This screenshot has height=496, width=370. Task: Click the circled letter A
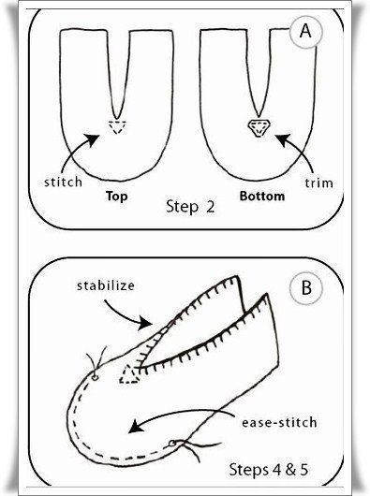[305, 32]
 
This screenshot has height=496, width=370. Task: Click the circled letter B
[305, 288]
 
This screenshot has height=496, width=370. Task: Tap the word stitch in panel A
[64, 182]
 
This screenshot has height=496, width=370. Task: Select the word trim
[318, 182]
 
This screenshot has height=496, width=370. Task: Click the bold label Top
[117, 197]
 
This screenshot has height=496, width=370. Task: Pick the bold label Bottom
[262, 197]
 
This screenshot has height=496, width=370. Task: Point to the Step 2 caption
[190, 207]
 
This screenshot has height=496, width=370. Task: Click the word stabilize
[106, 285]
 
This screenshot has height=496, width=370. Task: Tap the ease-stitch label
[279, 423]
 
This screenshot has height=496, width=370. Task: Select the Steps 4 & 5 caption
[269, 470]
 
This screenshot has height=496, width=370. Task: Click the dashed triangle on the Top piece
[117, 127]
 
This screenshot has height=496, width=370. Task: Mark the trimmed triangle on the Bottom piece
[259, 127]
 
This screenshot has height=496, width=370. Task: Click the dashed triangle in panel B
[129, 375]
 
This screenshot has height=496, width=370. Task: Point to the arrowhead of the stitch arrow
[93, 139]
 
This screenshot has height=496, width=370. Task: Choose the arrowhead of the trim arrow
[282, 140]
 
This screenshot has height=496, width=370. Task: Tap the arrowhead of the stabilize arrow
[146, 323]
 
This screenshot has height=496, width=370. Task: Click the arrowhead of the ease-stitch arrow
[135, 427]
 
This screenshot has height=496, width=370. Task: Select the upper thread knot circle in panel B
[95, 377]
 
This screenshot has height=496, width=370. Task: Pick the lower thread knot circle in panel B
[172, 444]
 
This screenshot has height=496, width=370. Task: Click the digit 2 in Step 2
[210, 207]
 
